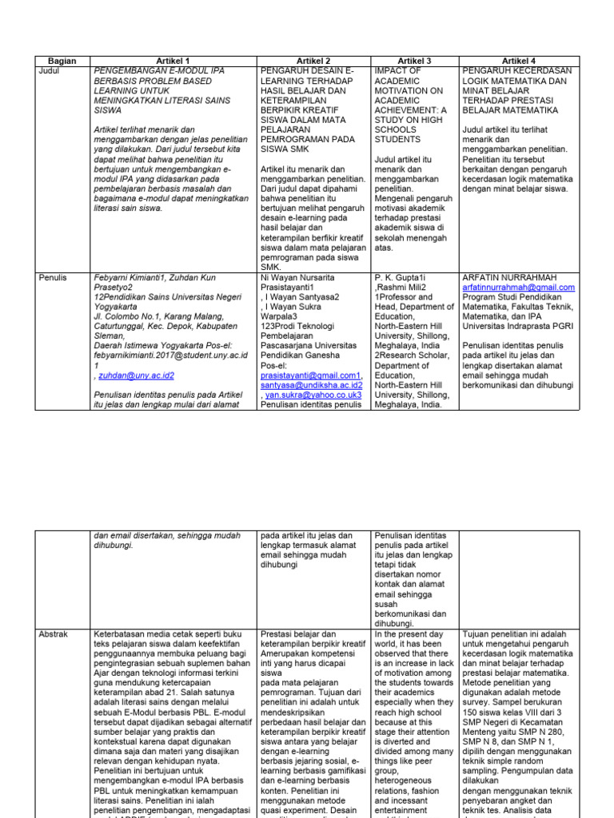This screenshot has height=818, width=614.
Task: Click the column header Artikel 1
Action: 174,61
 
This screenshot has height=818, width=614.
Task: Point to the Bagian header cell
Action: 62,61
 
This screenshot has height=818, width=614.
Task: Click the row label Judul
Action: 50,71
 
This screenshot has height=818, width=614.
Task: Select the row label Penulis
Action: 54,277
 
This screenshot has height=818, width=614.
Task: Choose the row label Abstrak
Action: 54,634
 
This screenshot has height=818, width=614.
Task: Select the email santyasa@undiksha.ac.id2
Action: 313,385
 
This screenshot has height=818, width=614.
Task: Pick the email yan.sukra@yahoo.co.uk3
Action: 313,395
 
